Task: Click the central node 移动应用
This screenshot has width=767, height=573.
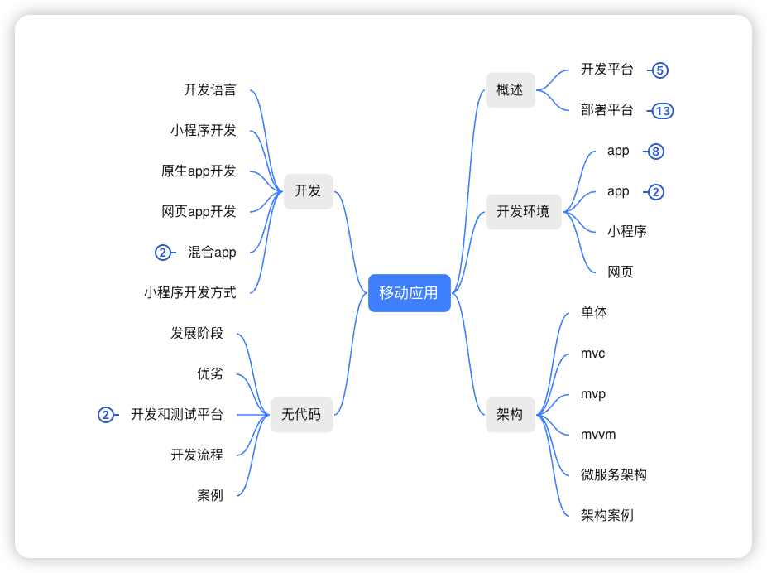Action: coord(409,292)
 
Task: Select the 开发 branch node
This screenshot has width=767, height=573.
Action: coord(308,190)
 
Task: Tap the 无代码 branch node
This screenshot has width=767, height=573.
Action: coord(301,414)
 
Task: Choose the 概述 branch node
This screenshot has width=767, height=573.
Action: coord(510,90)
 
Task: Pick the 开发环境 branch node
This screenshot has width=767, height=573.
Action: coord(523,211)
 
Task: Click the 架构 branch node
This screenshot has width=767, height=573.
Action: coord(510,414)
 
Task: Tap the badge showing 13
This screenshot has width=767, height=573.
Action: coord(662,111)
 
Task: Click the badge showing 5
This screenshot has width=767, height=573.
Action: coord(659,70)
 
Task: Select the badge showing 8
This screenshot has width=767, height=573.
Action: coord(655,152)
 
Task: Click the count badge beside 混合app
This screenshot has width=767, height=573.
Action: coord(163,253)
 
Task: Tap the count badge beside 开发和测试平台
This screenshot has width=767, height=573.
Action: coord(105,415)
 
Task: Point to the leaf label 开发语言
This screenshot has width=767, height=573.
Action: coord(210,89)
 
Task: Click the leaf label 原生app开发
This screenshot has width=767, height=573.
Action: coord(199,171)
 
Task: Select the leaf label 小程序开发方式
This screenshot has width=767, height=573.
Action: coord(189,292)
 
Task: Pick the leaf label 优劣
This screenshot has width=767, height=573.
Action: coord(210,373)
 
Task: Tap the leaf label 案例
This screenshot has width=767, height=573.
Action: coord(210,495)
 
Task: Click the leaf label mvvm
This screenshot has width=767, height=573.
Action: coord(598,435)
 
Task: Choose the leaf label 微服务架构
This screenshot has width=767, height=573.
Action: coord(614,474)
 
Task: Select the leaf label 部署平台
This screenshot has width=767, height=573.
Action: coord(607,110)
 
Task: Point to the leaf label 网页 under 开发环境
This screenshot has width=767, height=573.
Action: coord(621,272)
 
